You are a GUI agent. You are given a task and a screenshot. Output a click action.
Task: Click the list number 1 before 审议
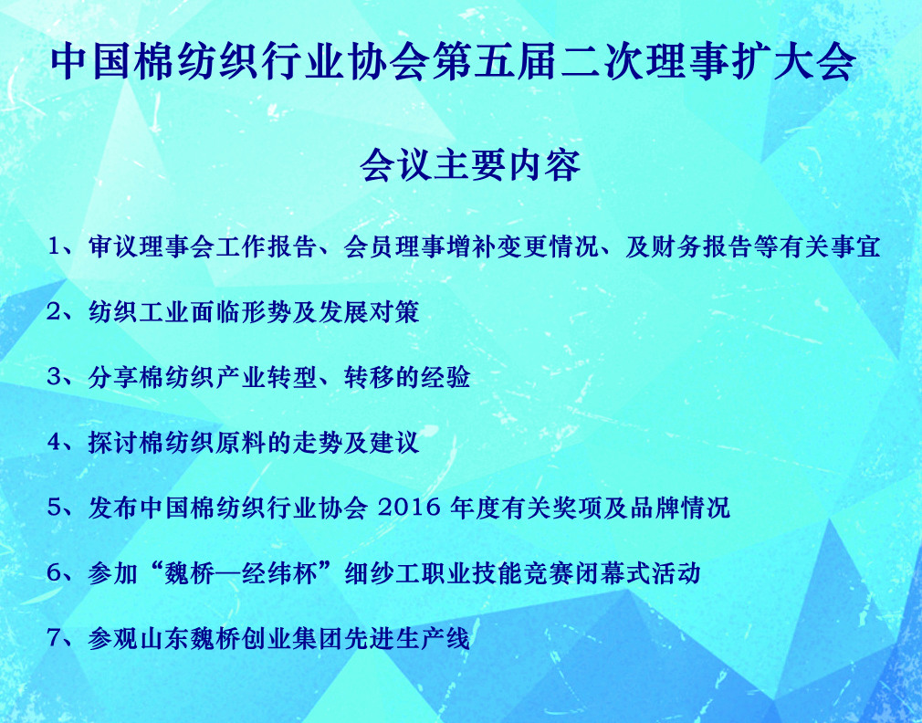[x=54, y=246]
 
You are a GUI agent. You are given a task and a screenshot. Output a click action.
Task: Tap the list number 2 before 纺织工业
[x=54, y=312]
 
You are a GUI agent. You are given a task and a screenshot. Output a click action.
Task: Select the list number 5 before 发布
[x=54, y=508]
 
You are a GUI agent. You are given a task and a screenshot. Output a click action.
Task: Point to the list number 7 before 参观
[x=54, y=638]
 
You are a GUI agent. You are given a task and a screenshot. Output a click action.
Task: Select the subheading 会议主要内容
[x=470, y=165]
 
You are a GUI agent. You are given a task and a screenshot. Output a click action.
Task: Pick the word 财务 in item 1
[x=676, y=246]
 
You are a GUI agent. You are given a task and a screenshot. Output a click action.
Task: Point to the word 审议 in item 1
[x=113, y=246]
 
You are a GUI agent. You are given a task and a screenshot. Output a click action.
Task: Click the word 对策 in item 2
[x=394, y=312]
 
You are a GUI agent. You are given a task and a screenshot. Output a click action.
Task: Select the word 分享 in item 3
[x=113, y=377]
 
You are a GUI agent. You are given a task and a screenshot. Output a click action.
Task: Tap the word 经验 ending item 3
[x=445, y=377]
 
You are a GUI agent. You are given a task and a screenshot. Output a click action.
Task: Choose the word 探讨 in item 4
[x=113, y=443]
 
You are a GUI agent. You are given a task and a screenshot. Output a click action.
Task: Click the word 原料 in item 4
[x=240, y=443]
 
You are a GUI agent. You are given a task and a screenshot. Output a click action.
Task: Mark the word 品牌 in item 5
[x=655, y=508]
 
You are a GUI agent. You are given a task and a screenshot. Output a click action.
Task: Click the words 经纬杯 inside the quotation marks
[x=280, y=573]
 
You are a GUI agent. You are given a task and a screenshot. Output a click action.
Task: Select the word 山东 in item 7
[x=164, y=638]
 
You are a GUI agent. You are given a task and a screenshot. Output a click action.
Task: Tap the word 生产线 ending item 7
[x=432, y=638]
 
